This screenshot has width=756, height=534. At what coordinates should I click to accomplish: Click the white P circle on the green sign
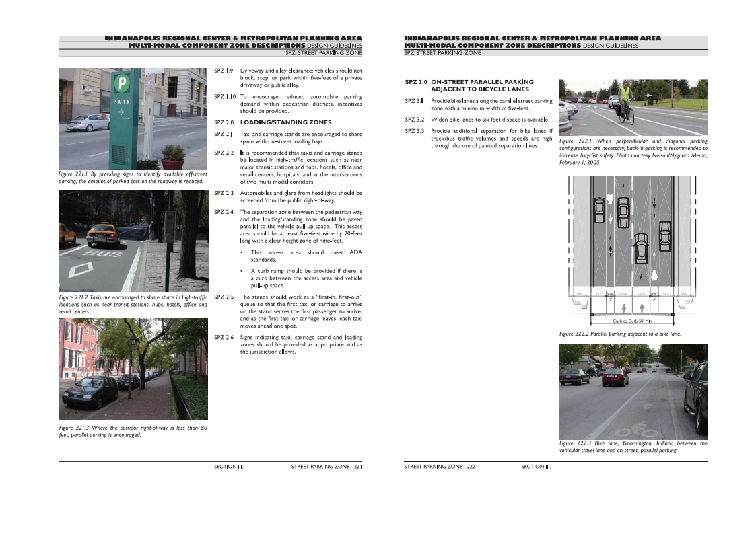[122, 83]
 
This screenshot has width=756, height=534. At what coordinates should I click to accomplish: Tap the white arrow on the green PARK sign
[121, 113]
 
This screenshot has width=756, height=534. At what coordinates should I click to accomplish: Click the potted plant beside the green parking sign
[173, 157]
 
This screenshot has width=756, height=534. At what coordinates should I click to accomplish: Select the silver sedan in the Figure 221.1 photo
[88, 122]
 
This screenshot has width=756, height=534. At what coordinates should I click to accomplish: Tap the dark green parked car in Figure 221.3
[91, 389]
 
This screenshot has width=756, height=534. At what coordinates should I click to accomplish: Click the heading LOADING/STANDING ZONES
[285, 123]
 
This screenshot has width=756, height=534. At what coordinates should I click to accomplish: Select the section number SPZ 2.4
[224, 212]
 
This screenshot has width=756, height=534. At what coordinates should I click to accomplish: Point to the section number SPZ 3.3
[415, 131]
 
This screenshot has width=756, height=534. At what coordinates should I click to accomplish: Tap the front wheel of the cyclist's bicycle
[631, 116]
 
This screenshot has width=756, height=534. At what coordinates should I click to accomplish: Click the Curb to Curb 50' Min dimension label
[631, 321]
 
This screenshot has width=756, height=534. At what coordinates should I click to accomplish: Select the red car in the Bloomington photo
[615, 377]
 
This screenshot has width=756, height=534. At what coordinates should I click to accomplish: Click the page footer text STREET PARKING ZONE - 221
[327, 466]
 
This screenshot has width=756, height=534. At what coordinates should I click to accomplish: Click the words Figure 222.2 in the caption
[574, 334]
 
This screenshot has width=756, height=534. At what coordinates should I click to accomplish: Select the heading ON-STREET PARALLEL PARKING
[477, 81]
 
